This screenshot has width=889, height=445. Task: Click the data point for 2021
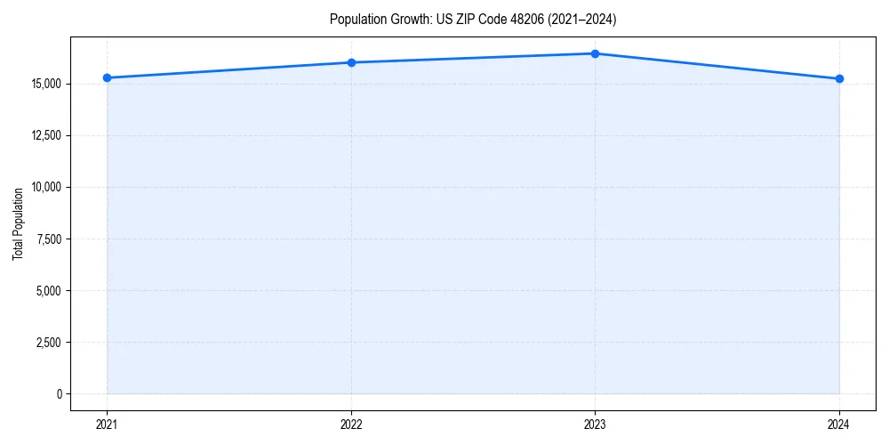tap(107, 77)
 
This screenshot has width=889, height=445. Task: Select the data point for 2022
tap(351, 62)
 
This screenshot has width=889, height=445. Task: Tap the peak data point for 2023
tap(595, 53)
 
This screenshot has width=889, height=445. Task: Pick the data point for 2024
tap(839, 78)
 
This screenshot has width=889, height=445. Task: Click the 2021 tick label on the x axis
tap(107, 425)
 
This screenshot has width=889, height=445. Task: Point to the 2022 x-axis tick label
tap(351, 425)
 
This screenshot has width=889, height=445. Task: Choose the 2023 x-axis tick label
tap(595, 425)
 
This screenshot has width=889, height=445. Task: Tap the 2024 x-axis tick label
tap(839, 425)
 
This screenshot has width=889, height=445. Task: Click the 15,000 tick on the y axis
tap(45, 84)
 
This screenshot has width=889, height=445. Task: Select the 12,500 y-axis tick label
tap(45, 135)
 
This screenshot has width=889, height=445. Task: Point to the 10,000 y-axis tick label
tap(45, 187)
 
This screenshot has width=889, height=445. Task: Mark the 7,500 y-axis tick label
tap(48, 239)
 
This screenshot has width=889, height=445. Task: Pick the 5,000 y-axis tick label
tap(48, 290)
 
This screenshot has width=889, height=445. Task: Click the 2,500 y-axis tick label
tap(48, 342)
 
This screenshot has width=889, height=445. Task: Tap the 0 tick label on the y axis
tap(59, 393)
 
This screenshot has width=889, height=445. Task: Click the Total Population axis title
tap(18, 223)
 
